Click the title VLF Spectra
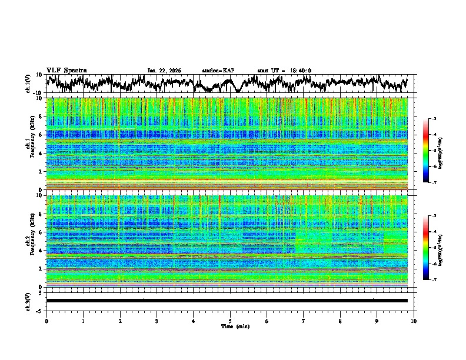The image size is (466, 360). pos(66,70)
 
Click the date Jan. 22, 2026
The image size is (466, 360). pos(164,71)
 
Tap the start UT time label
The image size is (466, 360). pos(284,71)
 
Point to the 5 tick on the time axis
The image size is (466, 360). pos(230,321)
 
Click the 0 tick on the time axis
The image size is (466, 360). pos(46,321)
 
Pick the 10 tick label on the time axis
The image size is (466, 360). pos(414,321)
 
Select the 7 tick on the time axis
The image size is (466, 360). pos(304,321)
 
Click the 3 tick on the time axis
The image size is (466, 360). pos(157,321)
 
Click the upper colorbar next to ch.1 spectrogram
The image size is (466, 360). pos(426,151)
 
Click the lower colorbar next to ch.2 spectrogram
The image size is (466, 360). pos(426,248)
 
